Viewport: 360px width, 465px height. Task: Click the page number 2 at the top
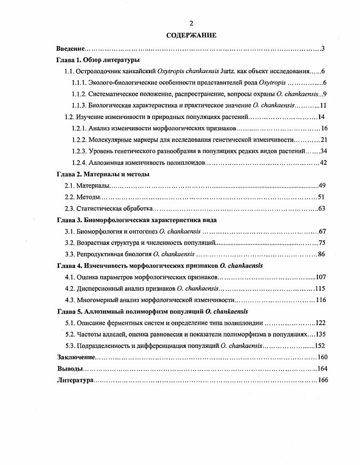[191, 24]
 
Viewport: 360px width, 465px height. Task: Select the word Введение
[71, 48]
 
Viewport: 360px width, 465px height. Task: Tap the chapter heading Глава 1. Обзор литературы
[98, 60]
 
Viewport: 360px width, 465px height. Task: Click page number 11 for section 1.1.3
[323, 105]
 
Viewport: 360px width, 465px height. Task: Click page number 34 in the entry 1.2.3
[323, 151]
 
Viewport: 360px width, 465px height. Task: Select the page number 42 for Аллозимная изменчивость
[323, 163]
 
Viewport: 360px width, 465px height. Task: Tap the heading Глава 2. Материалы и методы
[103, 174]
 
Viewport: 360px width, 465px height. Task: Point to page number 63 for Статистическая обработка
[323, 208]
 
